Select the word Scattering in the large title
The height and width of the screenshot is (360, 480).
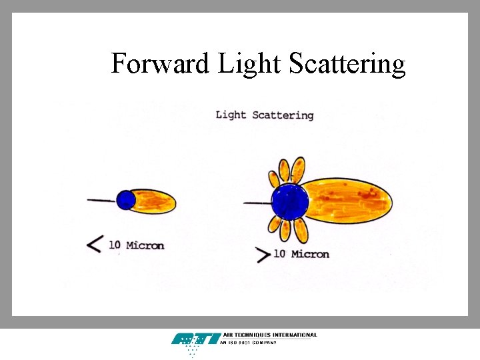[x=347, y=64]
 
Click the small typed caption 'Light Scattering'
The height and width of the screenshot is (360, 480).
[x=264, y=115]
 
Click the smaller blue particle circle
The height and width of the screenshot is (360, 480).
[x=125, y=200]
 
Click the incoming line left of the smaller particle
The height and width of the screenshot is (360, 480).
[x=101, y=200]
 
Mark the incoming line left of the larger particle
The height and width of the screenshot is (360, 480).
[x=257, y=203]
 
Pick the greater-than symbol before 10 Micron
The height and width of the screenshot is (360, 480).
[x=263, y=254]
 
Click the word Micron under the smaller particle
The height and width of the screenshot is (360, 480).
[x=145, y=245]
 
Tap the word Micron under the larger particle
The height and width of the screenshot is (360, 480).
[x=310, y=254]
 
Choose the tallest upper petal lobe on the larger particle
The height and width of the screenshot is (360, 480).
[x=298, y=169]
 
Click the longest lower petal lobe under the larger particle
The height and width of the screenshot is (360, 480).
[x=301, y=230]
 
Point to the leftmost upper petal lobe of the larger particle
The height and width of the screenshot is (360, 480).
[x=273, y=179]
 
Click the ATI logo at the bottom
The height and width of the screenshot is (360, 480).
[x=195, y=339]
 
